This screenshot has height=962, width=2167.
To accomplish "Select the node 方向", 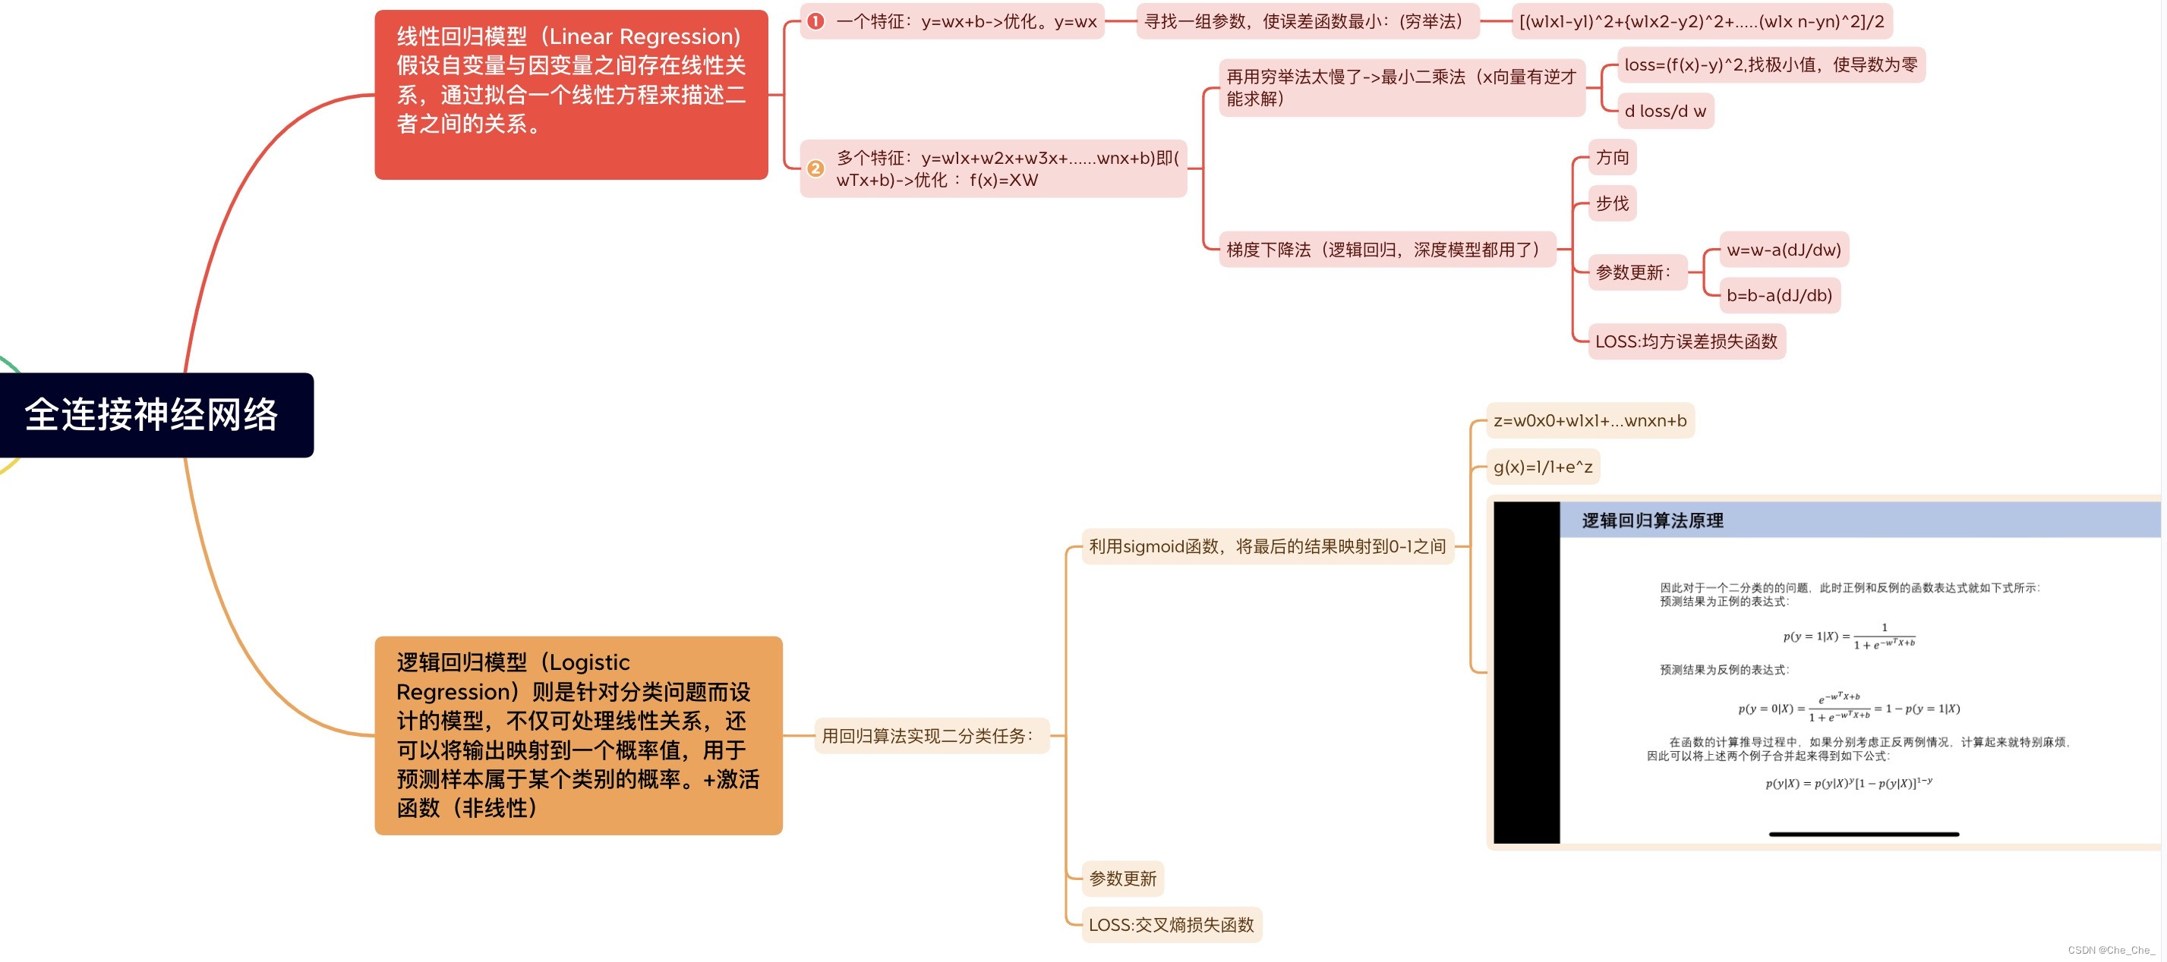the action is [x=1612, y=157].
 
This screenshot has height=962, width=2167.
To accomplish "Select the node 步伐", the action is [x=1612, y=203].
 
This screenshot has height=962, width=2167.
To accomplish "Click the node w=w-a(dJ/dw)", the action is [x=1784, y=250].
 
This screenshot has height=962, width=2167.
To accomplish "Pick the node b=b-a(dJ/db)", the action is [x=1779, y=295].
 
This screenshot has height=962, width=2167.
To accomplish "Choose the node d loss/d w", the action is [x=1665, y=111].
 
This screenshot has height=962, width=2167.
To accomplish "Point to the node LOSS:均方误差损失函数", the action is [x=1686, y=341].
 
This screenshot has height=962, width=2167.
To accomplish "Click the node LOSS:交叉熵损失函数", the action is [x=1171, y=925].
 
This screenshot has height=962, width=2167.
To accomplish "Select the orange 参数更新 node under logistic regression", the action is [x=1122, y=879].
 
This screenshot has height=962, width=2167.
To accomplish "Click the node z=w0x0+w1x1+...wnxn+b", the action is [x=1590, y=420].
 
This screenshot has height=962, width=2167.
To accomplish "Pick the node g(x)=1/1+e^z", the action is [x=1543, y=467].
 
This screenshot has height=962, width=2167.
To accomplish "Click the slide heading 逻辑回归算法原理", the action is [x=1652, y=520].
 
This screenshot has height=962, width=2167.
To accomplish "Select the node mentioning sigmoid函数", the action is [x=1267, y=546].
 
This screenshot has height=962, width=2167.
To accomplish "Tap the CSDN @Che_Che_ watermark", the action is [x=2111, y=950].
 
